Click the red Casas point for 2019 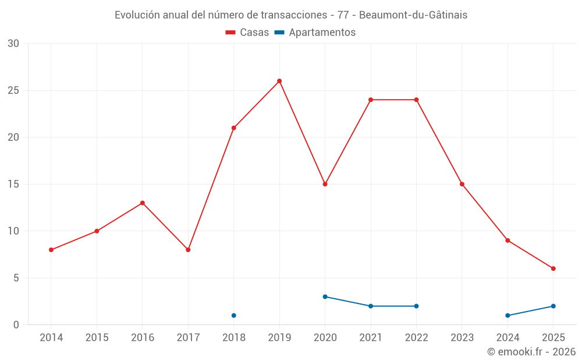pyautogui.click(x=279, y=81)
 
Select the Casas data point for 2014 pyautogui.click(x=51, y=250)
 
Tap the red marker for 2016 pyautogui.click(x=142, y=203)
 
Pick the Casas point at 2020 pyautogui.click(x=325, y=184)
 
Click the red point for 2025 pyautogui.click(x=553, y=268)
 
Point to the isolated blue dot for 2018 pyautogui.click(x=233, y=316)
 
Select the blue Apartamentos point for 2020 pyautogui.click(x=325, y=296)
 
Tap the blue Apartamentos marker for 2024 pyautogui.click(x=508, y=316)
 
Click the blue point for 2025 pyautogui.click(x=553, y=306)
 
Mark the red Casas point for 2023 pyautogui.click(x=462, y=184)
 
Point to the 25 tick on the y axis pyautogui.click(x=13, y=90)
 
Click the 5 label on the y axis pyautogui.click(x=16, y=278)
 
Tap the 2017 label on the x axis pyautogui.click(x=188, y=337)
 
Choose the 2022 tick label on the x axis pyautogui.click(x=416, y=337)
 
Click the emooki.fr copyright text pyautogui.click(x=531, y=352)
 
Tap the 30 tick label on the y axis pyautogui.click(x=13, y=44)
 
